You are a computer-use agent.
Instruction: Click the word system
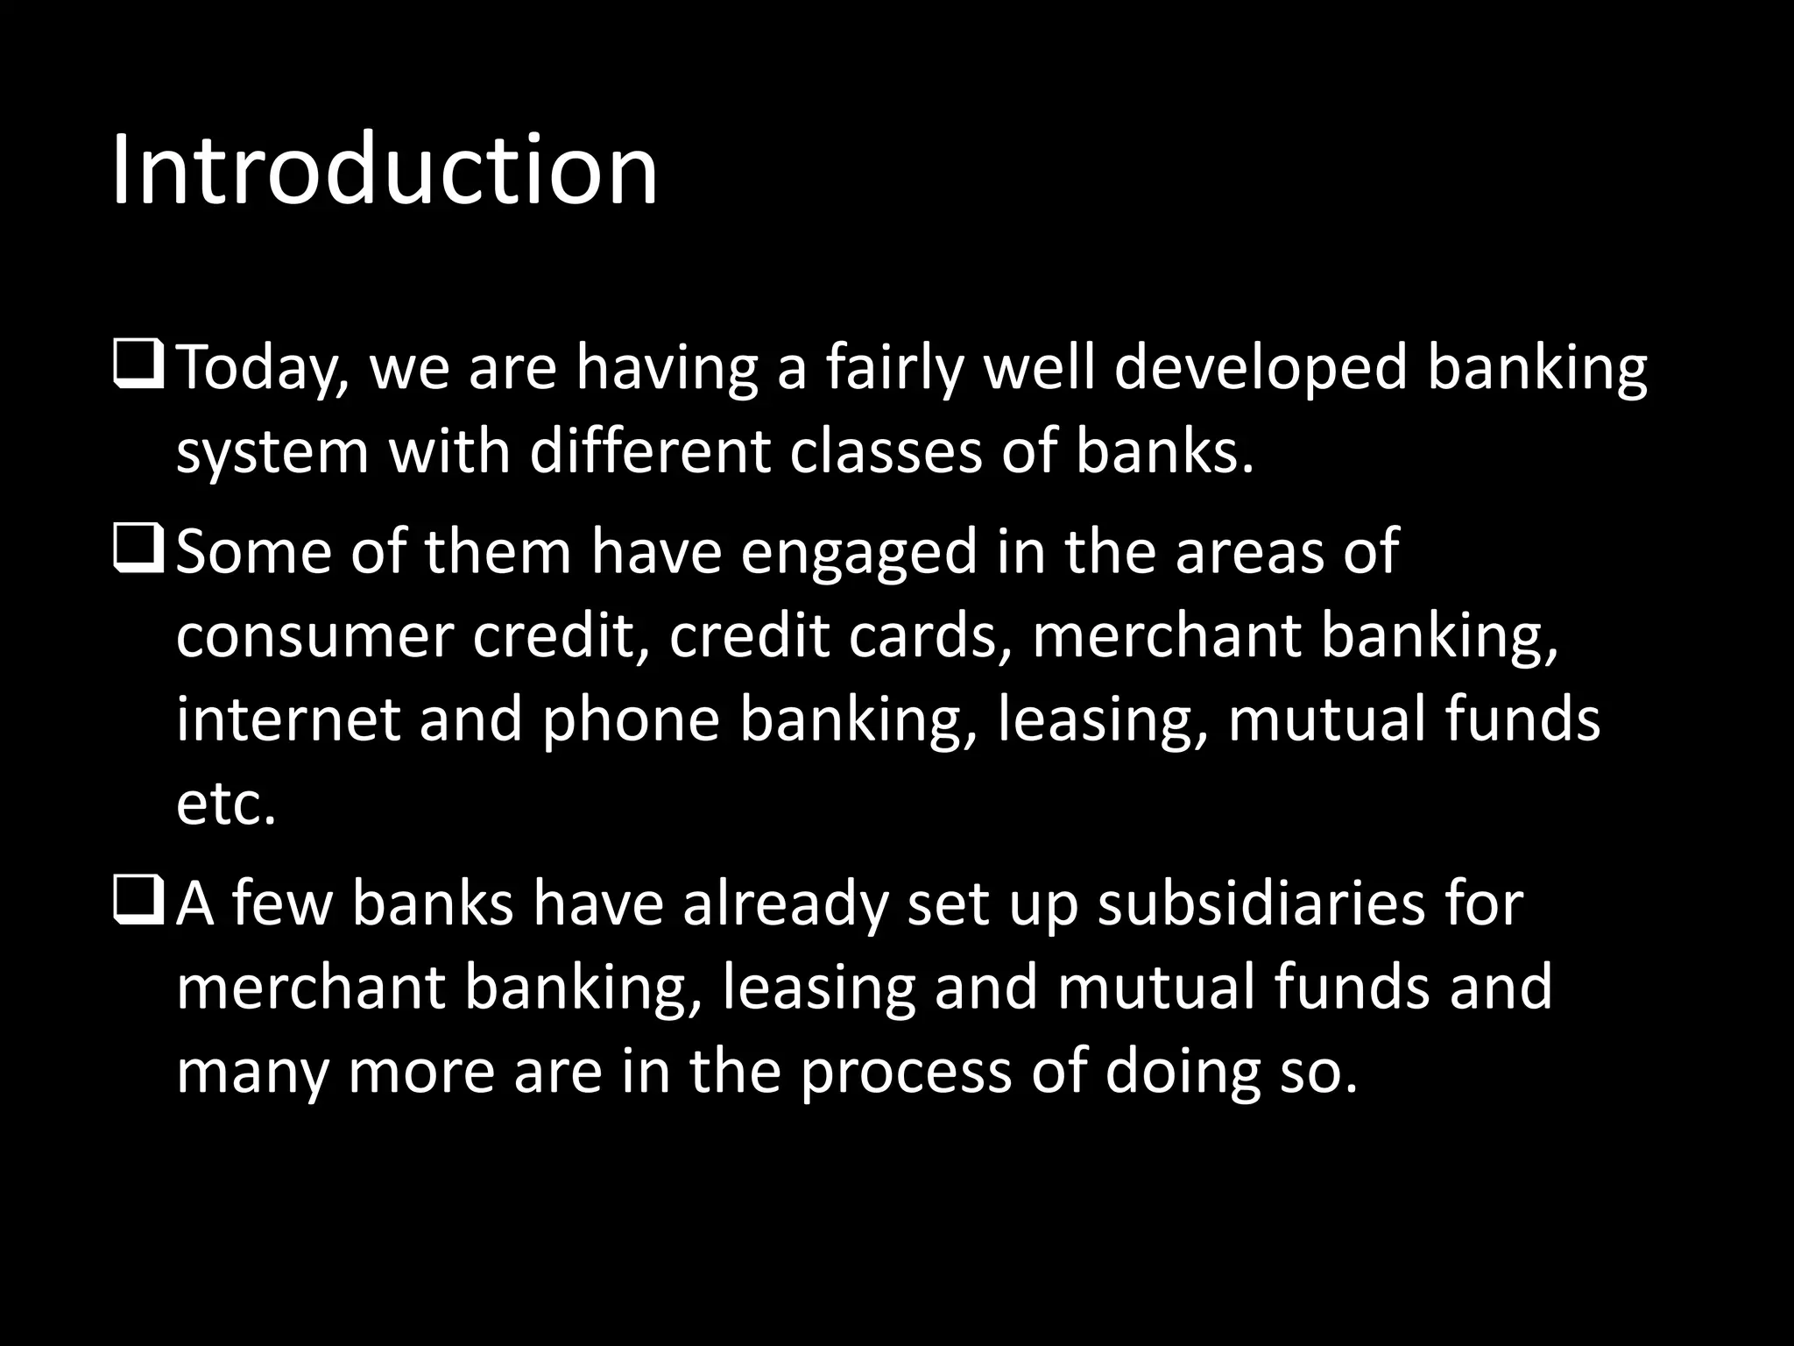[x=272, y=454]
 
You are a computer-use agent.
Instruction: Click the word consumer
[x=314, y=636]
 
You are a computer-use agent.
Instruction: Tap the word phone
[x=631, y=720]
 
